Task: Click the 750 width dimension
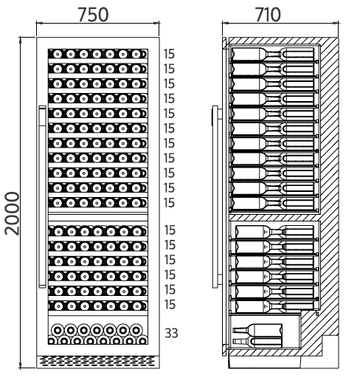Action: [x=93, y=15]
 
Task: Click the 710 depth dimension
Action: [x=268, y=15]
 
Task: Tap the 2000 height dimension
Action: [x=12, y=213]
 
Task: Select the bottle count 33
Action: [x=171, y=334]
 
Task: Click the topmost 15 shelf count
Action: [x=169, y=54]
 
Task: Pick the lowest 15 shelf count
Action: [x=170, y=305]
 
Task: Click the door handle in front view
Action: [x=42, y=197]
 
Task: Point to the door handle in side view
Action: [x=215, y=197]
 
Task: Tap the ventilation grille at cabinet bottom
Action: [x=97, y=361]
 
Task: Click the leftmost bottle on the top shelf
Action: [x=58, y=54]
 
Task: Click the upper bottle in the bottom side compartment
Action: [x=257, y=330]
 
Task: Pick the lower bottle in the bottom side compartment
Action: [x=257, y=342]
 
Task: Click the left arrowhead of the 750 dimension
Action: [x=39, y=23]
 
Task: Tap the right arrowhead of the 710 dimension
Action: [x=336, y=23]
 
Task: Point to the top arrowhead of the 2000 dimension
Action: [x=20, y=41]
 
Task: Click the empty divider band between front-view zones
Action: [x=98, y=218]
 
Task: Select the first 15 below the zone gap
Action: [x=170, y=230]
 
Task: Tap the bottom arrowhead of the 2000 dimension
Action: [x=20, y=365]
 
